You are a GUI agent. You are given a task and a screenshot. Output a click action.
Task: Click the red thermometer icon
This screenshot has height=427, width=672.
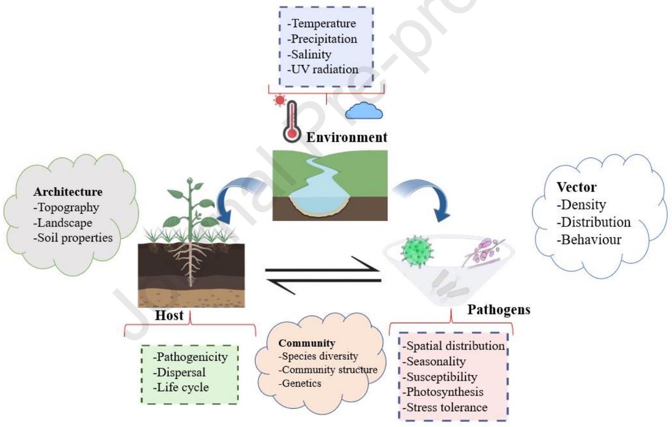coord(292,122)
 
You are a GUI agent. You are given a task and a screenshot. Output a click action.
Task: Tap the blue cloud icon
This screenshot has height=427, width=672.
coord(364,111)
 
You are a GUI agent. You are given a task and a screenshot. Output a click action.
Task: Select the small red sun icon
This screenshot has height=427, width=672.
coord(280,100)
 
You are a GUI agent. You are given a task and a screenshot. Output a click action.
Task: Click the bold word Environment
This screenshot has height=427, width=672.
coord(347,137)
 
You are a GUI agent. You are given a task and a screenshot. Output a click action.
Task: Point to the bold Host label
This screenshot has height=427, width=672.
coord(169,316)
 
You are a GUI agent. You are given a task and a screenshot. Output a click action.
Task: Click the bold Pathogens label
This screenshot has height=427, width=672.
coord(499,310)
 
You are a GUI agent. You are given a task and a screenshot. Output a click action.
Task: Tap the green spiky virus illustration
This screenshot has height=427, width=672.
coord(417,250)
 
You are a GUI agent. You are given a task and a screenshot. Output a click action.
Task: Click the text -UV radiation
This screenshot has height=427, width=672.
coord(323,69)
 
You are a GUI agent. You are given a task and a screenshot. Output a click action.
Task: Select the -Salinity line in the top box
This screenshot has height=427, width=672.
coord(309,54)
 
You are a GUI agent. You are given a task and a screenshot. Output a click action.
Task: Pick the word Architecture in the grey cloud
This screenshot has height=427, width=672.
coord(68,192)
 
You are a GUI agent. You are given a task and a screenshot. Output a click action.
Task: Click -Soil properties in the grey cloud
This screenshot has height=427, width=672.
coord(73,238)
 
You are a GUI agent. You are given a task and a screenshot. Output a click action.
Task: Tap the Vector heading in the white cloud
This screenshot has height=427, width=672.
coord(577,187)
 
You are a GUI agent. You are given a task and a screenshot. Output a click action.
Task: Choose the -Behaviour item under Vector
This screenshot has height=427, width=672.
coord(589,239)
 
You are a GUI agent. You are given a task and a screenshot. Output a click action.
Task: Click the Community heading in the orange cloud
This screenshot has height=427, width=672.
coord(306,343)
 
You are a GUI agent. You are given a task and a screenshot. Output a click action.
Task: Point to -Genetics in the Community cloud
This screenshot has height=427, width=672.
coord(300,383)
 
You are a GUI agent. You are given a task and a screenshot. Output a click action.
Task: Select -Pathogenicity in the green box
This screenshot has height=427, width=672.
coord(190,357)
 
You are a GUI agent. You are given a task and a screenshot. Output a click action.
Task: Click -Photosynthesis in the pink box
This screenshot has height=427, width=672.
coord(443,392)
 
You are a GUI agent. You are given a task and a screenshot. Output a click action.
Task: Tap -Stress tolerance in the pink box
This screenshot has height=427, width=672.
coord(445,407)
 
